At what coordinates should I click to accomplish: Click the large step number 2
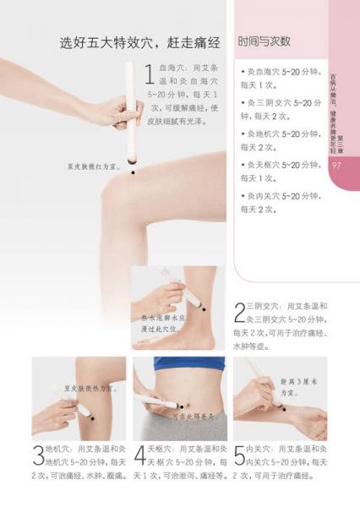[x=239, y=314]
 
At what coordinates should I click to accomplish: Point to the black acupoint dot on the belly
[x=187, y=400]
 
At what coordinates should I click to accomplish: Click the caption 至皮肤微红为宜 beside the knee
[x=95, y=167]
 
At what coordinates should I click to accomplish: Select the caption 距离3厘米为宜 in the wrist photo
[x=300, y=386]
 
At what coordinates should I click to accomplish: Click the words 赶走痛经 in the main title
[x=190, y=41]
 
